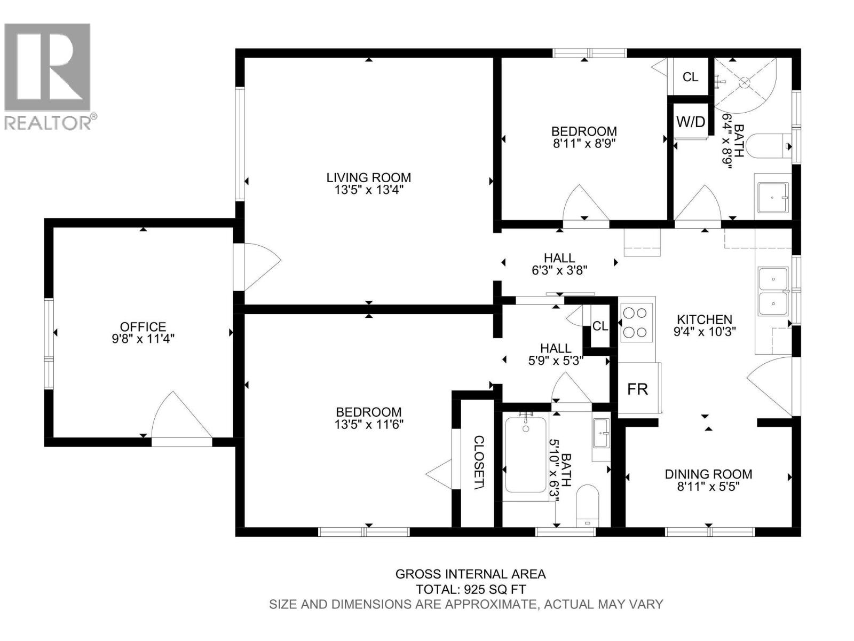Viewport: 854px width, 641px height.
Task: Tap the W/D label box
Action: [x=691, y=121]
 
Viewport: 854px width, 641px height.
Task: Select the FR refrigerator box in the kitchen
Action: [x=638, y=389]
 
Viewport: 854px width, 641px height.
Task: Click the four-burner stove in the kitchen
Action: [x=637, y=322]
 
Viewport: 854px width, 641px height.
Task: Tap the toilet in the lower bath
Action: [x=588, y=505]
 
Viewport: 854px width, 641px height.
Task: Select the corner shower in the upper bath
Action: [x=747, y=83]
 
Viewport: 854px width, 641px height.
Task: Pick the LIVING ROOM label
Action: [x=369, y=177]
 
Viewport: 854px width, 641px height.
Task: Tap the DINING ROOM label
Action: [x=708, y=474]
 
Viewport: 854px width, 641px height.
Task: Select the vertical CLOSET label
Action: [x=479, y=462]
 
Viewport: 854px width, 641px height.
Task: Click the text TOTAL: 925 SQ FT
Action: [x=470, y=589]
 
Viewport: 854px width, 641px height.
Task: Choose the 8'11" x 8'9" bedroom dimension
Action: [x=584, y=144]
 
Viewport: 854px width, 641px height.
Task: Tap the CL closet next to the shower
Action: [x=690, y=77]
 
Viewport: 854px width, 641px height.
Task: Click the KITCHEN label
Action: [x=705, y=319]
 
